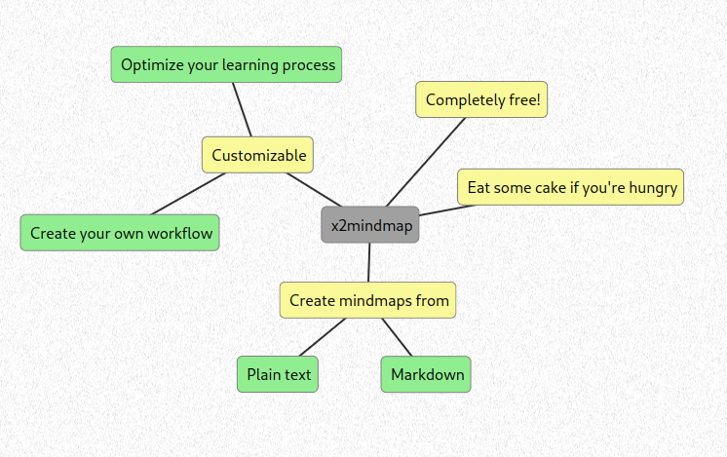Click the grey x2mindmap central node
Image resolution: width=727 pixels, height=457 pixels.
point(370,225)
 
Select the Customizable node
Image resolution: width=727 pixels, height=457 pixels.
point(258,155)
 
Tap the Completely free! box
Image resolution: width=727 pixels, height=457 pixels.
point(481,99)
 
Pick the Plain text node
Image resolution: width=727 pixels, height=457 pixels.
point(278,374)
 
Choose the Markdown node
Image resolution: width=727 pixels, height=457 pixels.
point(426,374)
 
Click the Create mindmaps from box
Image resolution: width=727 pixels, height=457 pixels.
point(368,300)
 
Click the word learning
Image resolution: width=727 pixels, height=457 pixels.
point(250,65)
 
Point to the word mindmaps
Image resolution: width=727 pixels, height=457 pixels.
point(375,301)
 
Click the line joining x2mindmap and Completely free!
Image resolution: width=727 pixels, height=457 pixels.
point(426,162)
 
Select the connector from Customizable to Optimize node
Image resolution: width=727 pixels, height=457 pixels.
point(242,110)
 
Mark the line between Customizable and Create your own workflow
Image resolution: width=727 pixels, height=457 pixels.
point(188,194)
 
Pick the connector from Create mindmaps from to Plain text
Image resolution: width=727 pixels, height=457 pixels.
point(323,337)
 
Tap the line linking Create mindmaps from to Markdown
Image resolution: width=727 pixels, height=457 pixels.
point(397,337)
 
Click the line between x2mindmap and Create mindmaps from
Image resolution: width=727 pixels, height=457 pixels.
point(369,262)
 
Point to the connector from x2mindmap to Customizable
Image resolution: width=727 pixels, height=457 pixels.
point(314,190)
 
